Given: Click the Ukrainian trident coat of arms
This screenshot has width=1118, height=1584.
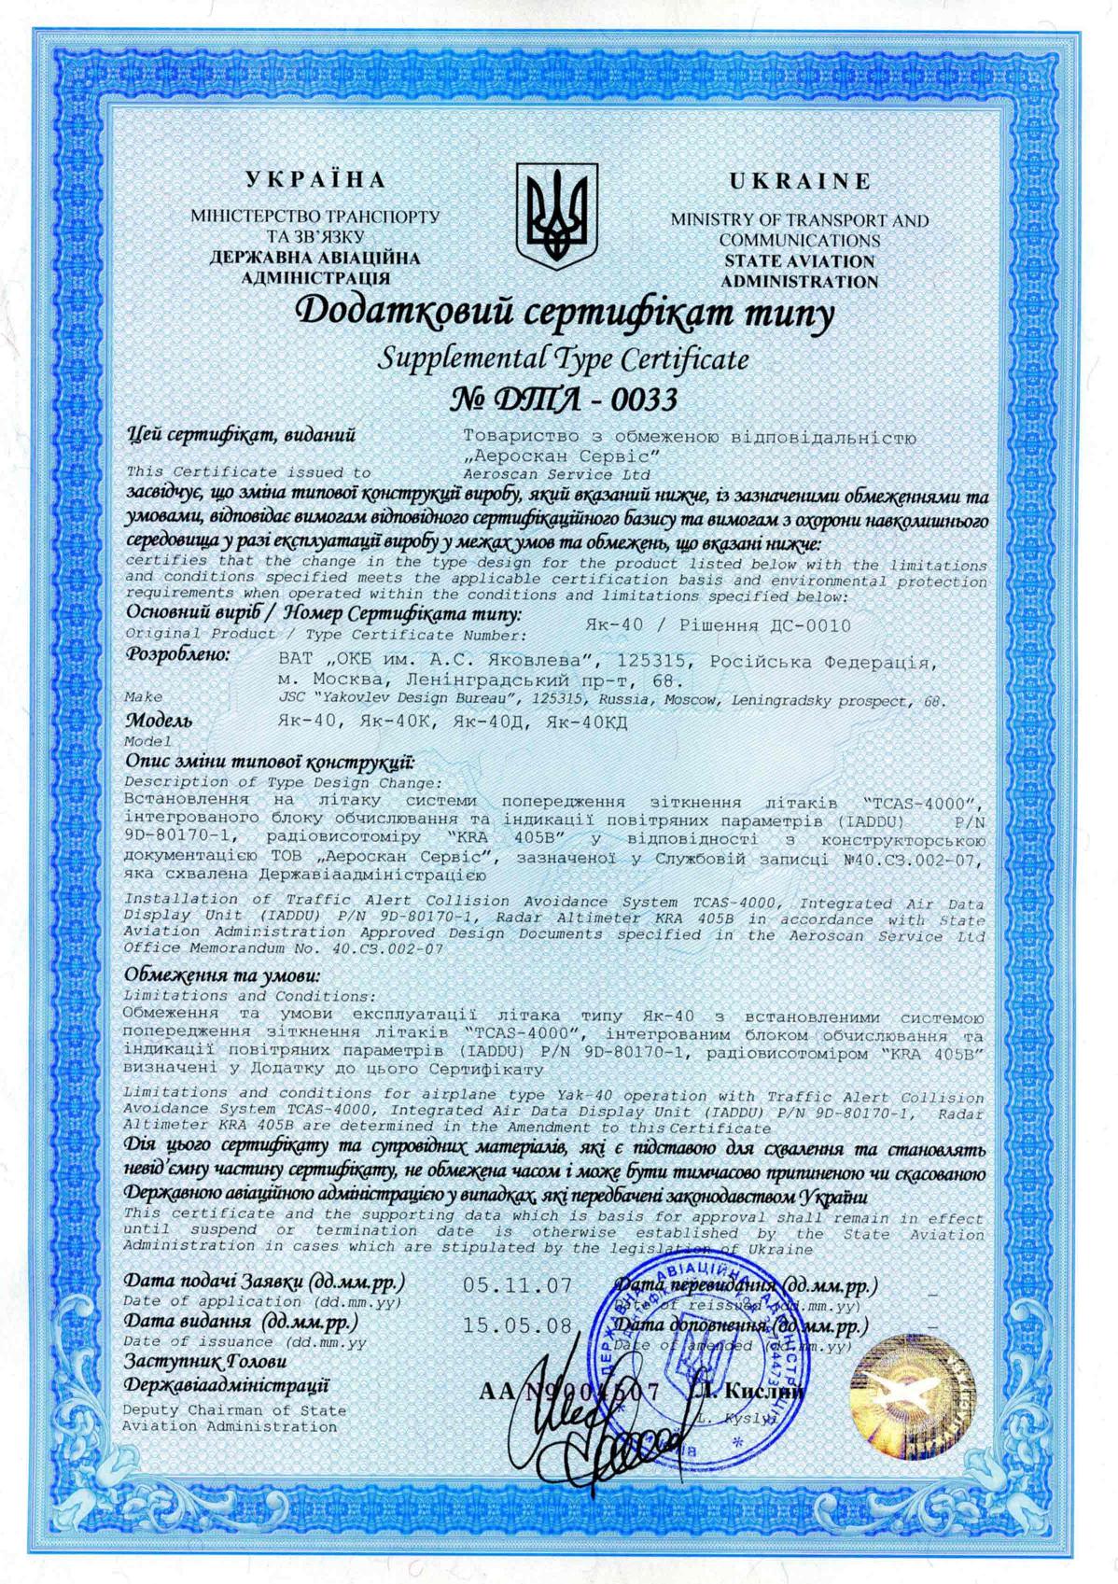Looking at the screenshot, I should click(x=558, y=217).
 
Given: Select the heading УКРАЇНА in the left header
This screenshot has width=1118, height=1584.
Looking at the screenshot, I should click(x=314, y=180).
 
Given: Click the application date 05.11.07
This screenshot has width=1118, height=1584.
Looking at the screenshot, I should click(x=517, y=1285).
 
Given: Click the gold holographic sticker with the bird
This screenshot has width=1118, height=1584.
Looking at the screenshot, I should click(x=905, y=1393).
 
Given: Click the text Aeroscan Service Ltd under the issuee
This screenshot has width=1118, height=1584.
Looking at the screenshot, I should click(x=533, y=474).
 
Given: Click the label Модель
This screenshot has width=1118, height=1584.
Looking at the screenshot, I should click(x=160, y=721).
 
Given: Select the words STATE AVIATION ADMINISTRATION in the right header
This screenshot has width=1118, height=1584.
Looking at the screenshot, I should click(x=799, y=271).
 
